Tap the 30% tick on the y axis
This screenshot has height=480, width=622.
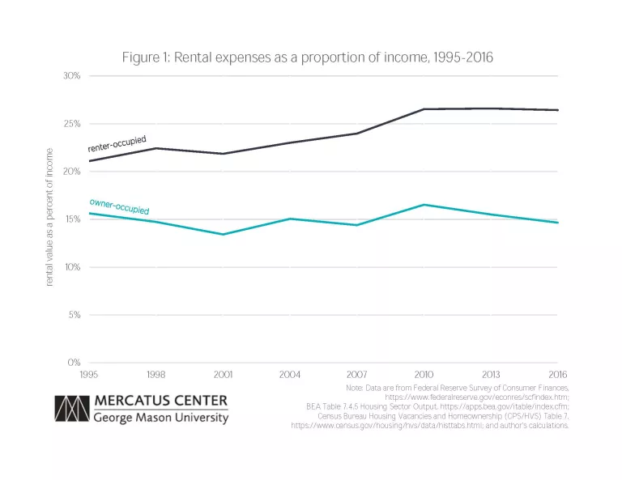click(x=72, y=76)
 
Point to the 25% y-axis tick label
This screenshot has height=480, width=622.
click(x=72, y=124)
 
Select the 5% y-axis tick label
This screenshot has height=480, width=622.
click(x=74, y=315)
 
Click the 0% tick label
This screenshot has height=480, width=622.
click(x=74, y=363)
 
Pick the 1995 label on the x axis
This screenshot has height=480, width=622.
click(x=88, y=374)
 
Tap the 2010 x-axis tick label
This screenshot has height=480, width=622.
click(x=424, y=374)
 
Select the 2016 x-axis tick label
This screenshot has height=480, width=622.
click(x=558, y=374)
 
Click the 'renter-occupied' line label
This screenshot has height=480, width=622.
click(x=117, y=144)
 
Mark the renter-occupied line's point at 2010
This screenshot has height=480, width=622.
click(x=424, y=109)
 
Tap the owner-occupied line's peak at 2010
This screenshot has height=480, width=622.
click(x=424, y=205)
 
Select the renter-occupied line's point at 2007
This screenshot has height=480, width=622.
click(x=357, y=134)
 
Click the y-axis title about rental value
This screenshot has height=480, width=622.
click(x=49, y=217)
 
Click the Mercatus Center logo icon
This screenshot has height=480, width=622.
click(x=70, y=409)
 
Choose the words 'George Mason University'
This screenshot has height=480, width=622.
click(x=160, y=418)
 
